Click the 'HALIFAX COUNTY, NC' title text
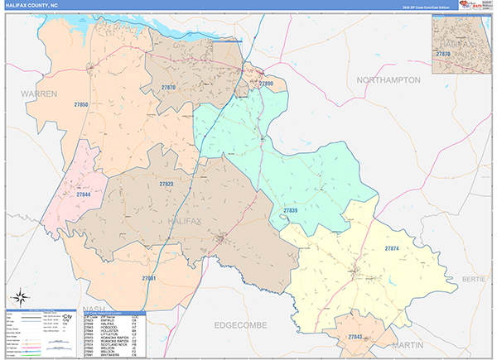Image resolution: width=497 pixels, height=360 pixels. point(32,4)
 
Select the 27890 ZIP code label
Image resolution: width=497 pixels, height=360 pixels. point(265,84)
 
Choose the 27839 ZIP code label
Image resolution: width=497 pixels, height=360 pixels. point(290,211)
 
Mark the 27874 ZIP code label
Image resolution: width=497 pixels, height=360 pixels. point(392,248)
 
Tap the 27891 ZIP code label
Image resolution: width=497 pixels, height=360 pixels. point(150,278)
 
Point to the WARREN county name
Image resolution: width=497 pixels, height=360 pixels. point(39,94)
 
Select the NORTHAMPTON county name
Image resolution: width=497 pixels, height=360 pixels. point(388,80)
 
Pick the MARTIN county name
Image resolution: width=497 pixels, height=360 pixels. point(408,343)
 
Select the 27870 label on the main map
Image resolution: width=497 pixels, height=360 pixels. point(169,87)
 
